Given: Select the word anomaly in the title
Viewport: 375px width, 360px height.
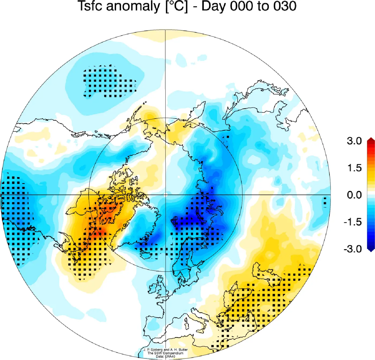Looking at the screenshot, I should pos(133,6).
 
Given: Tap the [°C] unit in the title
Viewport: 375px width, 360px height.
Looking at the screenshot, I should pos(177,6).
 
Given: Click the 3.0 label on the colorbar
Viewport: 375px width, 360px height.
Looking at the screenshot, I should pos(354,141).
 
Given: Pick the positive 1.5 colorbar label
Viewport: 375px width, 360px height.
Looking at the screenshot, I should pos(354,168).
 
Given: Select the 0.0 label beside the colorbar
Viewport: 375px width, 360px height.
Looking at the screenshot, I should pos(354,195).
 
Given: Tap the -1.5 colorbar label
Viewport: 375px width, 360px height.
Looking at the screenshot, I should pos(352,222).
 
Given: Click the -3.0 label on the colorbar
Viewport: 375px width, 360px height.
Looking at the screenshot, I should pos(352,249).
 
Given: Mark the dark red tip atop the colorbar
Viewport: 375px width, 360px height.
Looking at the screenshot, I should pos(371,140).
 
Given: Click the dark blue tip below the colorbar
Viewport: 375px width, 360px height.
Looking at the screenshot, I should pos(371,250).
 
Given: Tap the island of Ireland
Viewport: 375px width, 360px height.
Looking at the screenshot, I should pos(152,289).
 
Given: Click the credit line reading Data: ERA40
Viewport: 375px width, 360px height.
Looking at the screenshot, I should pos(165,357).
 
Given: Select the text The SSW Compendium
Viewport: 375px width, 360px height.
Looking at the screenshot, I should pos(165,353).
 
